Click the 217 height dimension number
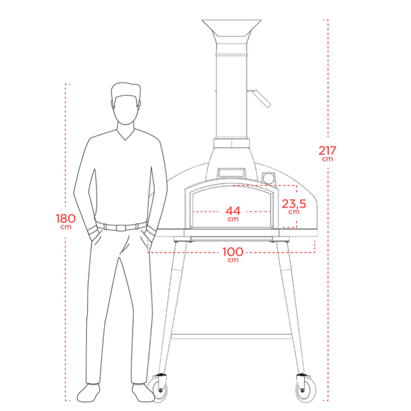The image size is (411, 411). tap(327, 150)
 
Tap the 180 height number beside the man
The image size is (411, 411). tap(65, 218)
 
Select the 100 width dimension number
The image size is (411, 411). tap(233, 252)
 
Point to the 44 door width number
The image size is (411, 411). tap(233, 210)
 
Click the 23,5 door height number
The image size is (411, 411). tap(294, 204)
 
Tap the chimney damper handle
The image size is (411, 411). tap(261, 98)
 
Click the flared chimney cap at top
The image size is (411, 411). tap(232, 28)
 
